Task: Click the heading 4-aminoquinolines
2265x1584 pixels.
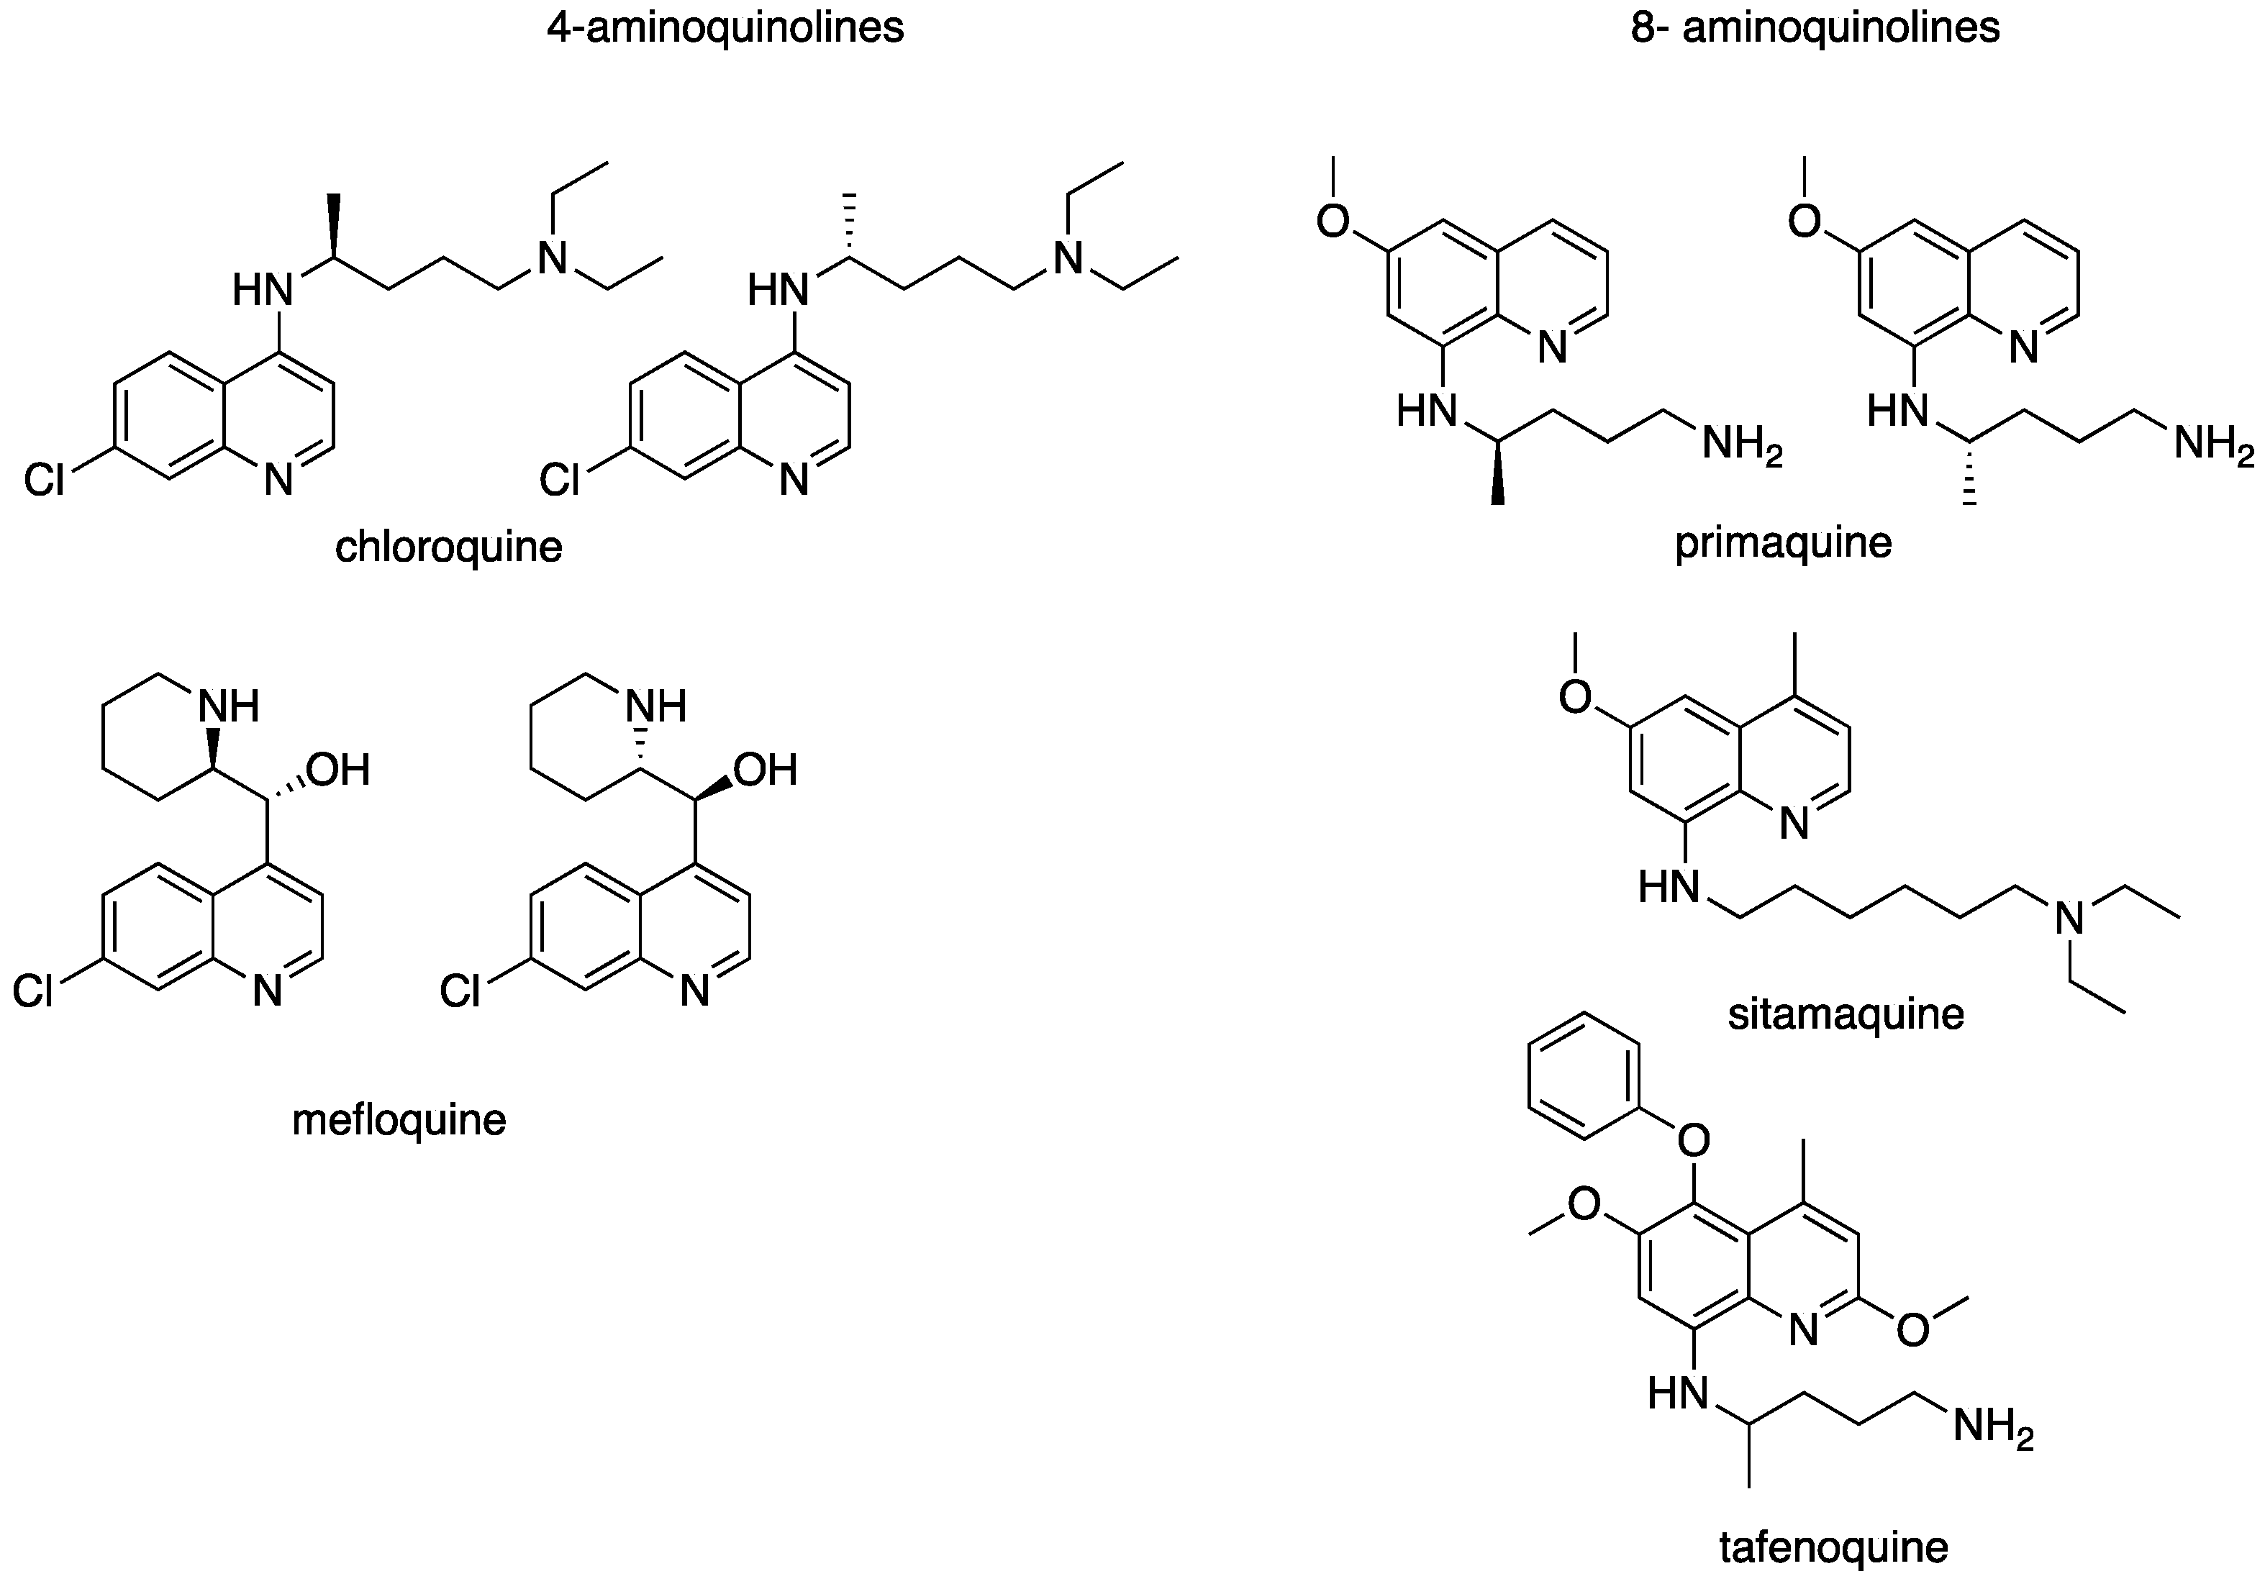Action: click(x=725, y=27)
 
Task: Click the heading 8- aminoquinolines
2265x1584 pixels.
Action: click(x=1816, y=27)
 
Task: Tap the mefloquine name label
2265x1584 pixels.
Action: click(x=399, y=1119)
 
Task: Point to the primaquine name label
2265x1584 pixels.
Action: click(x=1784, y=542)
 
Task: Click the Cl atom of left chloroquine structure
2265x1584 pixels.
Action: click(x=45, y=481)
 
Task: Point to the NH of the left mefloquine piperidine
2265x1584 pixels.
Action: click(x=230, y=706)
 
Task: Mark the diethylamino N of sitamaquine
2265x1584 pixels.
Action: click(x=2071, y=919)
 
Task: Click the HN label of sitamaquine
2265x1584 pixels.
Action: click(x=1669, y=888)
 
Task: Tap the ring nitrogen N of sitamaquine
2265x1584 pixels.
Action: click(x=1794, y=824)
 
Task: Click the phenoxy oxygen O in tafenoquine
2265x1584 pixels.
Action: click(x=1694, y=1141)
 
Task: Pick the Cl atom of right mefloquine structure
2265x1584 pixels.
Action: click(x=460, y=992)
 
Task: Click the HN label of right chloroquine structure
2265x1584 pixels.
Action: click(x=777, y=290)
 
